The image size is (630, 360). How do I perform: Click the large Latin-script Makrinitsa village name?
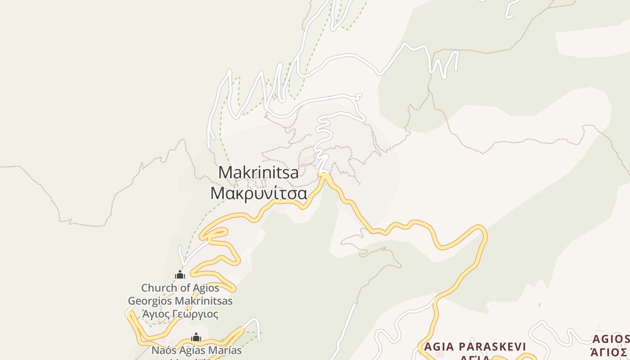click(258, 172)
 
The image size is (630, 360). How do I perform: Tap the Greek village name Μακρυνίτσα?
click(259, 193)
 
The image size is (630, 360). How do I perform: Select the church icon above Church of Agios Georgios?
click(180, 274)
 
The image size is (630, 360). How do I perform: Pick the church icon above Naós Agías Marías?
click(196, 337)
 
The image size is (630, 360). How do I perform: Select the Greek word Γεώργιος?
click(197, 314)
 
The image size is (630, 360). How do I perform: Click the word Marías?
click(226, 350)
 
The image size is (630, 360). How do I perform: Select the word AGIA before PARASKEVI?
click(439, 346)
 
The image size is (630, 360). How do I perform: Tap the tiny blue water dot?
click(539, 305)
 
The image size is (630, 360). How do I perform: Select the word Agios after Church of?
click(206, 288)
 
